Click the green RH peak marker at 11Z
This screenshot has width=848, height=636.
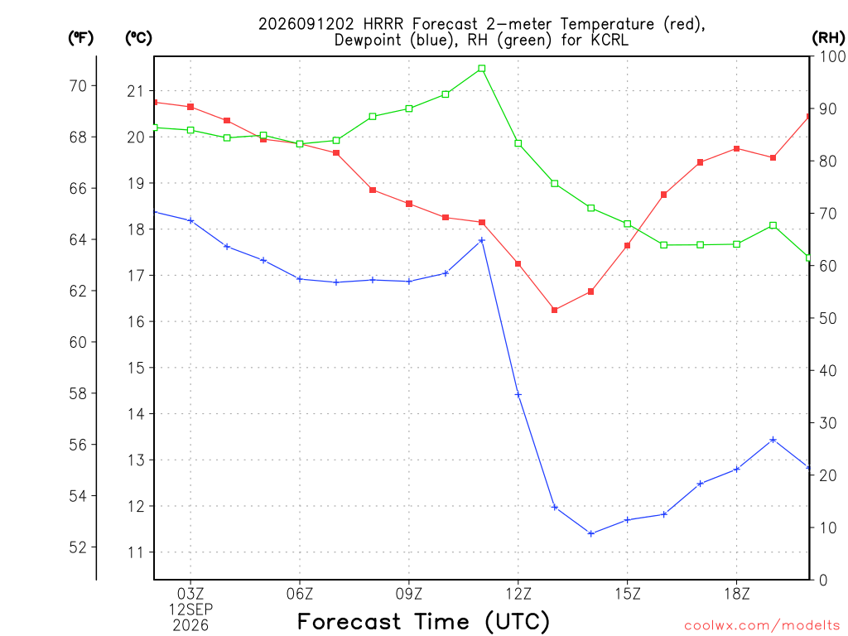pos(482,69)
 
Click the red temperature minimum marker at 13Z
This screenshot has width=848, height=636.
pos(554,310)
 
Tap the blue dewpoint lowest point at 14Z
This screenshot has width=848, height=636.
pos(591,534)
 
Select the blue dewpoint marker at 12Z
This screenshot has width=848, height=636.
pos(518,395)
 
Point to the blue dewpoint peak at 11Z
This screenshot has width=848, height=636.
pos(482,240)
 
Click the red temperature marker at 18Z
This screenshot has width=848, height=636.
pos(736,149)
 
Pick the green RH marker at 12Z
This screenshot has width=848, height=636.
pos(518,143)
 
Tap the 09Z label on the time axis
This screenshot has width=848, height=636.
pos(409,595)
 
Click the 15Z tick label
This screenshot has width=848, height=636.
pos(628,595)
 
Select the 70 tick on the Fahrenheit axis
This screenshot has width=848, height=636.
pos(78,85)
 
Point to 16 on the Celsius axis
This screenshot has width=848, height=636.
pos(136,322)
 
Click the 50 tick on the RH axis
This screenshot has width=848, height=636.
pos(827,318)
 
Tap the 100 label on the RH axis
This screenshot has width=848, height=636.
pos(832,56)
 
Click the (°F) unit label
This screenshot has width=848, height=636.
pos(80,38)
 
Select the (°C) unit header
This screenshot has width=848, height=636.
pos(138,38)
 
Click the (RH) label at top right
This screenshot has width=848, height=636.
pos(828,38)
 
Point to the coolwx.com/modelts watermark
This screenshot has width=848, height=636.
pos(762,626)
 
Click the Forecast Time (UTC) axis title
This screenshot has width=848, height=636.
pos(423,622)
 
